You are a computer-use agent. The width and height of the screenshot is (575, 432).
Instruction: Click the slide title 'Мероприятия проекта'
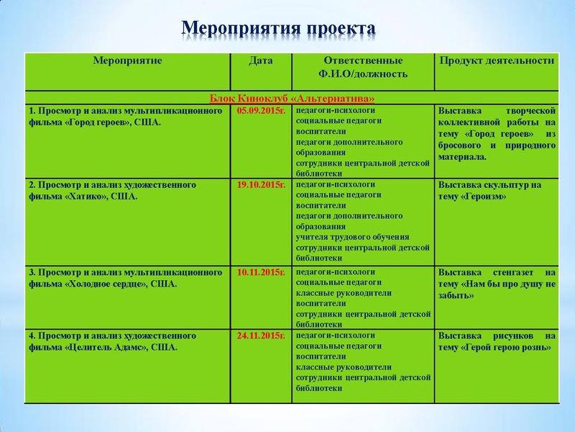point(279,27)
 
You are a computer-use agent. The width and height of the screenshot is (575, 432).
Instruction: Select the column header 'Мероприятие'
point(127,60)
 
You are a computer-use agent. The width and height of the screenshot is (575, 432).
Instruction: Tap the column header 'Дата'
point(260,60)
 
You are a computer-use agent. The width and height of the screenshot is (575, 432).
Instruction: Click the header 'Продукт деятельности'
point(497,60)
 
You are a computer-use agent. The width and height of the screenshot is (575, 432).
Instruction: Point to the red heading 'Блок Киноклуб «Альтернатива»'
point(293,98)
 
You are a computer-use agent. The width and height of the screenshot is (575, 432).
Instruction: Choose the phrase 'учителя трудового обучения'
point(352,237)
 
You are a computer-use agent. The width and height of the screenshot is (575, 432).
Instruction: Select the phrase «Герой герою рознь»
point(506,348)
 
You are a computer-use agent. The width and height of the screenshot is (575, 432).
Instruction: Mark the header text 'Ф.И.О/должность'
point(363,73)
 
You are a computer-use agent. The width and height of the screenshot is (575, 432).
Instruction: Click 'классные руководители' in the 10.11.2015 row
point(344,294)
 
